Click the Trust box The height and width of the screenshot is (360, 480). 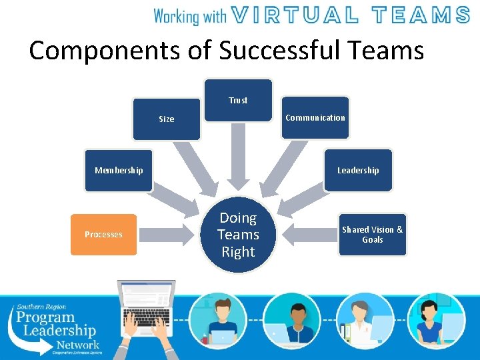coord(238,100)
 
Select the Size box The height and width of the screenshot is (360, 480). coord(166,119)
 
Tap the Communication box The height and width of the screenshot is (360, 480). coord(315,118)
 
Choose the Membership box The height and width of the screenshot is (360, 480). coord(119,170)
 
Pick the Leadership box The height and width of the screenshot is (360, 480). coord(358,170)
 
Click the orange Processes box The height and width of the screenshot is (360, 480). coord(103,235)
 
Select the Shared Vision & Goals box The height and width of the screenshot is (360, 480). coord(372,235)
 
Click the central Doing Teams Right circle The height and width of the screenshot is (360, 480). coord(238,235)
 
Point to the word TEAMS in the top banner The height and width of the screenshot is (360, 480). coord(420,15)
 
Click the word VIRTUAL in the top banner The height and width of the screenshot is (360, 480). coord(299,15)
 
